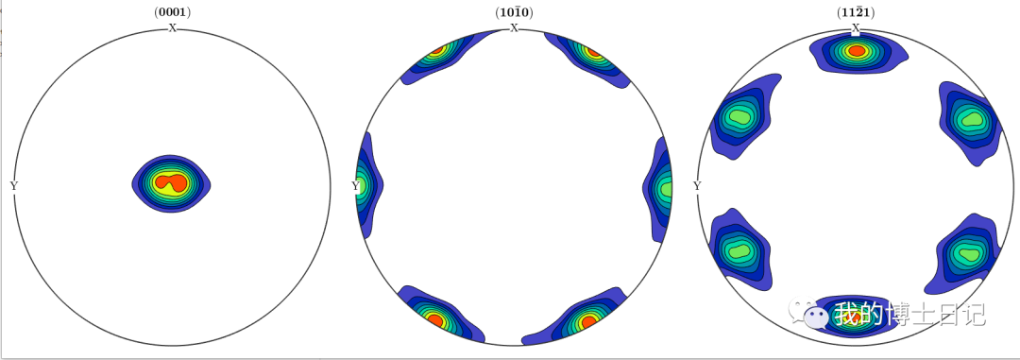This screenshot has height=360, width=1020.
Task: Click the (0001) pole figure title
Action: [173, 11]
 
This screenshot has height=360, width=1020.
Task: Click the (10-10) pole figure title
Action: [514, 11]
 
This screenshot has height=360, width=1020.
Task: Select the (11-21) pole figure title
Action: [856, 11]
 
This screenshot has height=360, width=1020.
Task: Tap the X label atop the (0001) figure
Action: [173, 27]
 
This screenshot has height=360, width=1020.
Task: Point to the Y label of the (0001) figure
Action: [13, 186]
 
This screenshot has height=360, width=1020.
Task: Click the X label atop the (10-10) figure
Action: [514, 27]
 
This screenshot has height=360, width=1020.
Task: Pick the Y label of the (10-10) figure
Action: [355, 186]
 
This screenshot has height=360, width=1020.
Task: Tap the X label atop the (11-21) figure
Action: [856, 27]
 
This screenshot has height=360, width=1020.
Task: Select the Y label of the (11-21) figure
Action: [697, 186]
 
